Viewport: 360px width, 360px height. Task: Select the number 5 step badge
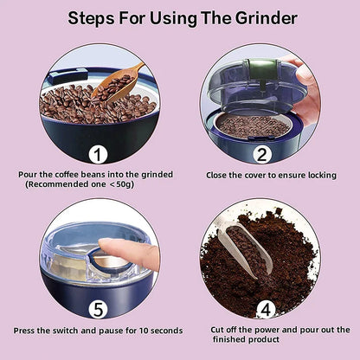(98, 309)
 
